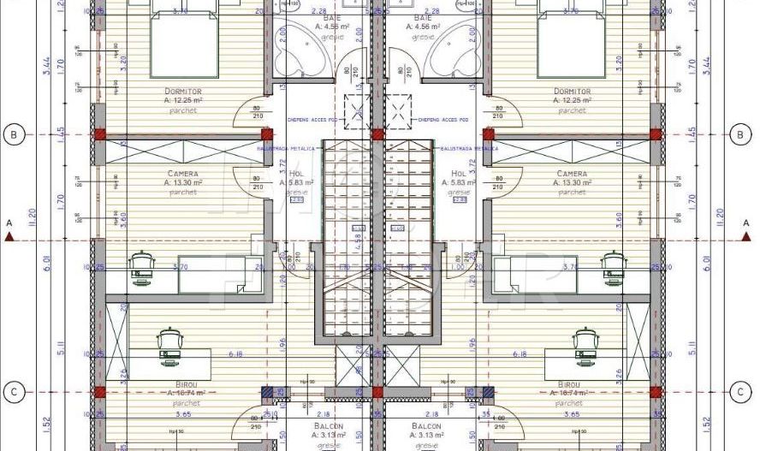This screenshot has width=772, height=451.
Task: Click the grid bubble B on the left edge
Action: (14, 134)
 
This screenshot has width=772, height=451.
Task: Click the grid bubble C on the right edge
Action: (741, 392)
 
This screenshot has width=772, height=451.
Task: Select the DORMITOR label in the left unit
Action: (182, 91)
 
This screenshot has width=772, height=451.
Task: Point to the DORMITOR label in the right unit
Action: (572, 91)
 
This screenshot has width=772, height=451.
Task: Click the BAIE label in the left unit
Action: (305, 18)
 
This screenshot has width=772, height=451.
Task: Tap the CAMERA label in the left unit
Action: (182, 173)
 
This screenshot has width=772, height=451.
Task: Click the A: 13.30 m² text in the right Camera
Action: (572, 182)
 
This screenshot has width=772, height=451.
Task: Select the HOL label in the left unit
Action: (296, 173)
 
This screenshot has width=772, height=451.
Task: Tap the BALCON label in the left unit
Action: (329, 425)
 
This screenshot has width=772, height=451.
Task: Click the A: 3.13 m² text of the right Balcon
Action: (425, 435)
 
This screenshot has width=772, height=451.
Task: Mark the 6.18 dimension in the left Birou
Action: (233, 353)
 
